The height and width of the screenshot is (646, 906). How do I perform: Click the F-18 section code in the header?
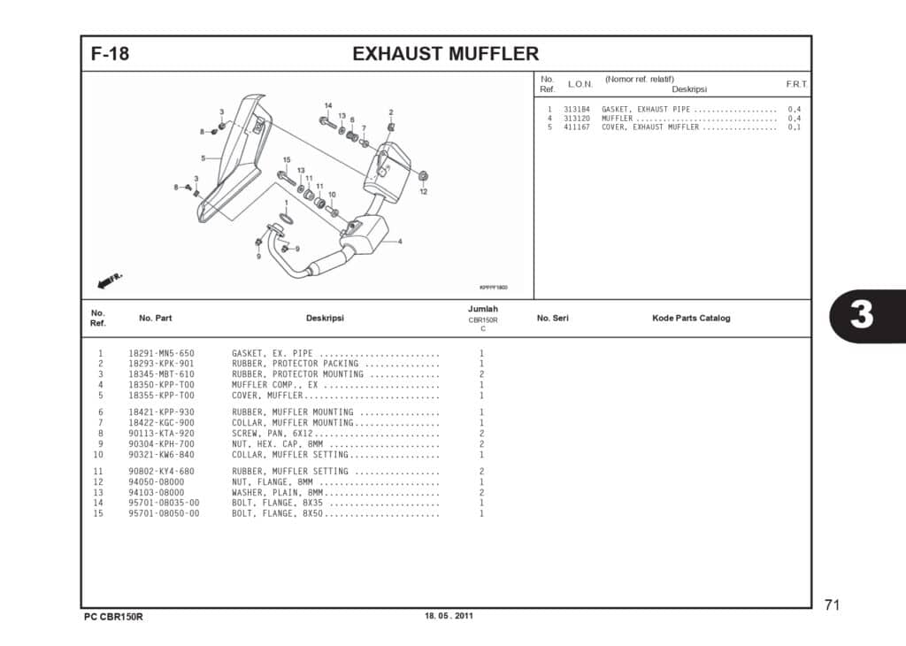110,54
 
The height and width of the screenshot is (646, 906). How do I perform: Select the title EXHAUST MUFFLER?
445,54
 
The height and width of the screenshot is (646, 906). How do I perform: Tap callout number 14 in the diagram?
327,106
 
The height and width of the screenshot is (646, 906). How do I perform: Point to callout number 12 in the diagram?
423,191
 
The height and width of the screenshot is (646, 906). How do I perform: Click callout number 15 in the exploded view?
287,160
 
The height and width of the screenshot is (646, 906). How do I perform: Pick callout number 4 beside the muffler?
399,242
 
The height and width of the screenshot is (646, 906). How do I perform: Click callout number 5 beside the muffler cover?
203,158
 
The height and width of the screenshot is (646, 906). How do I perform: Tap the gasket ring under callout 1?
287,218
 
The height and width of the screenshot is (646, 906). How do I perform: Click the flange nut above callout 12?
423,175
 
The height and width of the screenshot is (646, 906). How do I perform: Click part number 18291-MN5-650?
161,353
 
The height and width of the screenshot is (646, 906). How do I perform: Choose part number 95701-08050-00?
164,513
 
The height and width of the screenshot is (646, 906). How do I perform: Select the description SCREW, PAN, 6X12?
273,434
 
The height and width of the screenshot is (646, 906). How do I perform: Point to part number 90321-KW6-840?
161,455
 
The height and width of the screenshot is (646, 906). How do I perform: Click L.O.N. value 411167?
576,127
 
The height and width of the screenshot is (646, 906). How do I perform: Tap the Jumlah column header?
483,309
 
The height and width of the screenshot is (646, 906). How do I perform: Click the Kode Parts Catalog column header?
691,319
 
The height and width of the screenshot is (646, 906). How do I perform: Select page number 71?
832,605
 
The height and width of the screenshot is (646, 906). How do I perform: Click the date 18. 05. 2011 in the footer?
449,616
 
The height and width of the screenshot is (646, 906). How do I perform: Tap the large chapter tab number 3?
862,316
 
